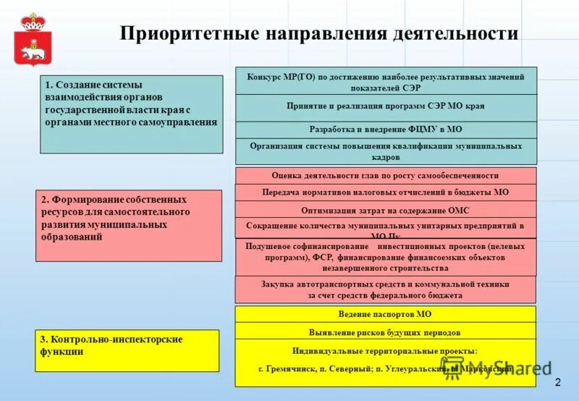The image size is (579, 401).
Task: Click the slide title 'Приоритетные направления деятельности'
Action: pyautogui.click(x=318, y=34)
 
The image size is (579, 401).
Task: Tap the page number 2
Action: pyautogui.click(x=558, y=382)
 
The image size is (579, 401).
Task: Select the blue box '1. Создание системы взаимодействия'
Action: pyautogui.click(x=131, y=114)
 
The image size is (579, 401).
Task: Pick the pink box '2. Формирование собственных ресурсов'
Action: pyautogui.click(x=129, y=225)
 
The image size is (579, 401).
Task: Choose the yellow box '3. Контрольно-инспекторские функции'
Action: pyautogui.click(x=127, y=350)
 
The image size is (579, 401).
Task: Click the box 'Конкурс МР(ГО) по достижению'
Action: pyautogui.click(x=386, y=81)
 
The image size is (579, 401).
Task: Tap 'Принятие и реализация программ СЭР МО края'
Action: pyautogui.click(x=386, y=106)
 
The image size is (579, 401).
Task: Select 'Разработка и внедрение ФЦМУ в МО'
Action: pyautogui.click(x=386, y=130)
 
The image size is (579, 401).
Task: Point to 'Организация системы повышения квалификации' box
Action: pyautogui.click(x=386, y=151)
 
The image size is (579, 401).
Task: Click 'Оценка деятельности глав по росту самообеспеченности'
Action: pyautogui.click(x=386, y=175)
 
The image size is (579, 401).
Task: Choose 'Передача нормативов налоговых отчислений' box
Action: pyautogui.click(x=386, y=193)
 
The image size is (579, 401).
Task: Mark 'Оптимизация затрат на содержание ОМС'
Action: pyautogui.click(x=386, y=210)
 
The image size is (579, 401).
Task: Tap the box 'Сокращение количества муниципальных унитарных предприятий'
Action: pyautogui.click(x=386, y=227)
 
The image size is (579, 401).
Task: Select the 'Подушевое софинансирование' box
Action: pyautogui.click(x=386, y=257)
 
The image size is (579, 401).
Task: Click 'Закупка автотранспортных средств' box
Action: pyautogui.click(x=386, y=290)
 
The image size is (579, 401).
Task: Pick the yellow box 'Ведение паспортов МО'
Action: pyautogui.click(x=386, y=315)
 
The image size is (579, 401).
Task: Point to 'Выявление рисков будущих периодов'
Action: pyautogui.click(x=386, y=332)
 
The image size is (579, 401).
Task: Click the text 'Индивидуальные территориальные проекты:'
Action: pyautogui.click(x=386, y=350)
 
